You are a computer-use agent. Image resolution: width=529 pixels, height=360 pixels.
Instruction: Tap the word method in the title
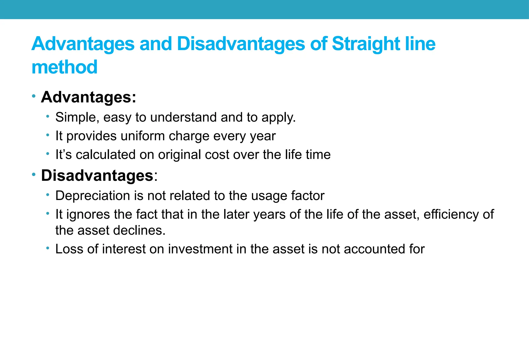point(64,67)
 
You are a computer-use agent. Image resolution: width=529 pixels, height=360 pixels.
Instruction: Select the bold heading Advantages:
point(88,97)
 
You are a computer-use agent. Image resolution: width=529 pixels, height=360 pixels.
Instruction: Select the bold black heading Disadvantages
point(97,176)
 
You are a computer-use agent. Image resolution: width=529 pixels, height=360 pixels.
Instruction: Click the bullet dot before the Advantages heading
point(34,96)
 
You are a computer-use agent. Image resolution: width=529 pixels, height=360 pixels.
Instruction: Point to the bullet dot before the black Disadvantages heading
point(34,175)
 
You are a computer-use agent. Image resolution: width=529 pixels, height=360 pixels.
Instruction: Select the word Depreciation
point(92,196)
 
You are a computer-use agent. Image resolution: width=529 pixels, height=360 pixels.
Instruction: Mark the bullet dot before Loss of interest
point(48,248)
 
